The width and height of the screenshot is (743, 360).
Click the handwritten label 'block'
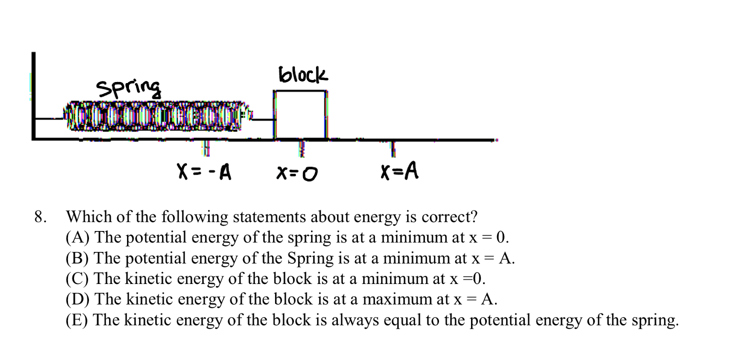(x=303, y=76)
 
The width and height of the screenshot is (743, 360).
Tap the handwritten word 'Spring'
(x=129, y=88)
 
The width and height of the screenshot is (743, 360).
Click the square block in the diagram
(x=300, y=114)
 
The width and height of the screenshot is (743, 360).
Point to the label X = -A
(x=204, y=173)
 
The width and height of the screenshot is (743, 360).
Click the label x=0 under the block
(x=297, y=173)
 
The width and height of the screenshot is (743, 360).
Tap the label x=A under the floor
(x=399, y=172)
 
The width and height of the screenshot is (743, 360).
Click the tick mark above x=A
(x=393, y=148)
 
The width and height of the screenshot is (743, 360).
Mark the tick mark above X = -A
(x=205, y=148)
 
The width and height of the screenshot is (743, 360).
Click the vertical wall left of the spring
(x=33, y=95)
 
